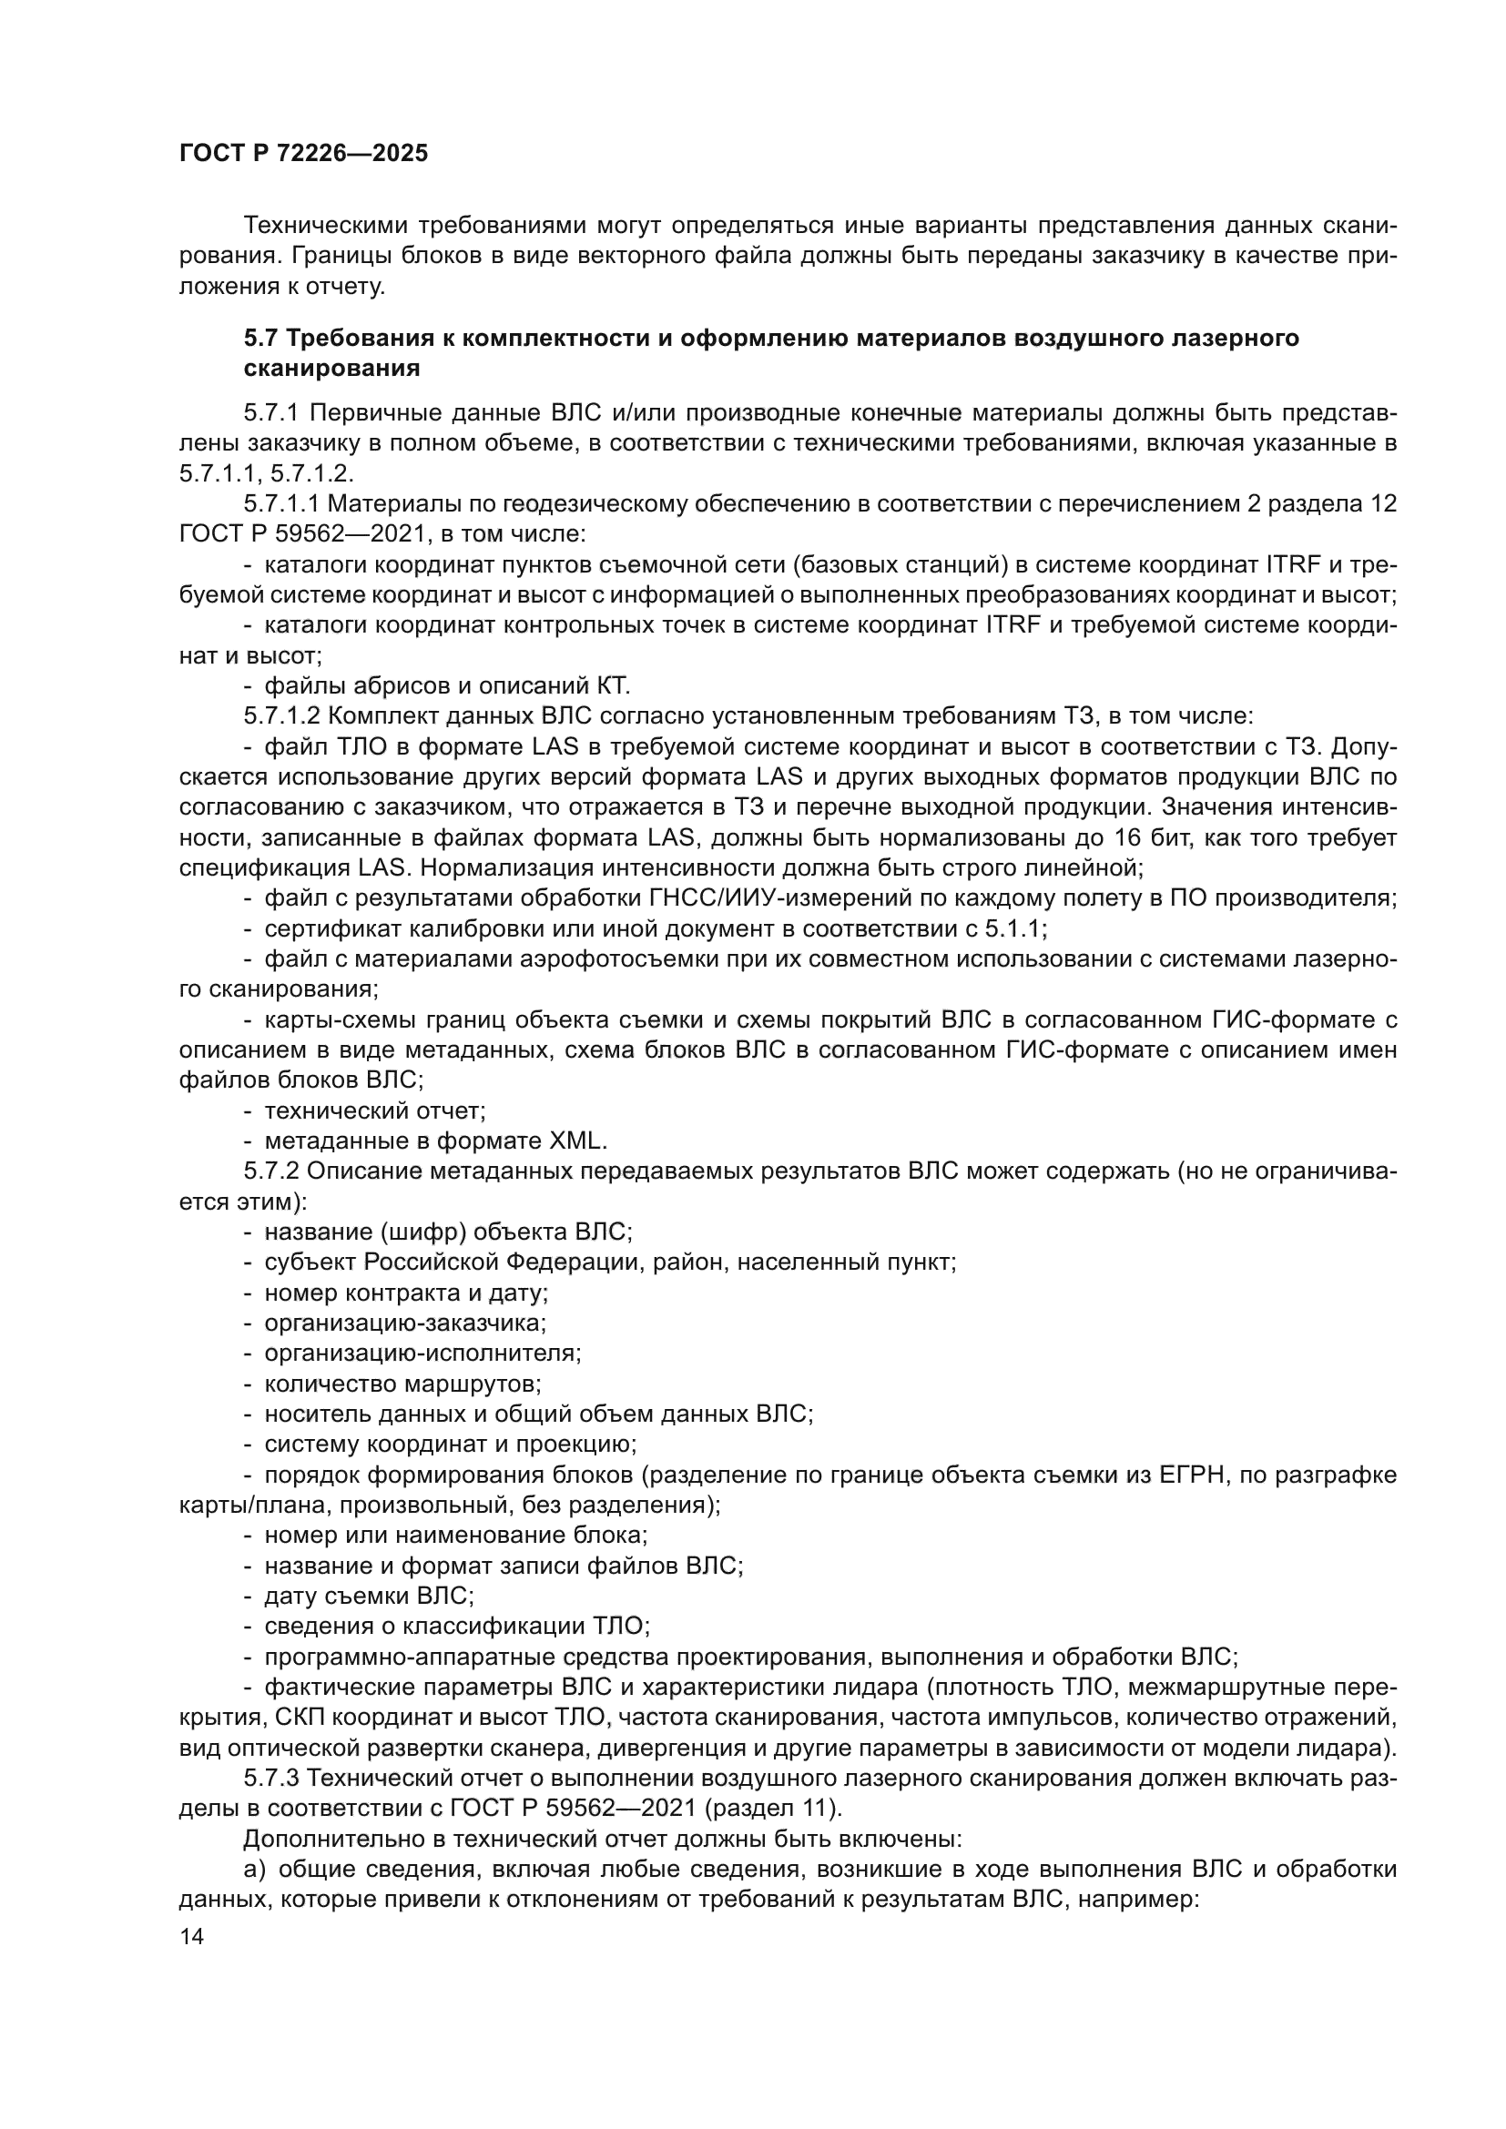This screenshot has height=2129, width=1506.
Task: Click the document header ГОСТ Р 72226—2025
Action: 303,154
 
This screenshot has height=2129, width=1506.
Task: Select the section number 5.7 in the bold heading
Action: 260,339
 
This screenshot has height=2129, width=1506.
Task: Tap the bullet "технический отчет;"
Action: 374,1110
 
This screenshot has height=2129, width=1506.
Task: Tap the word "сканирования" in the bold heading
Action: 332,369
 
